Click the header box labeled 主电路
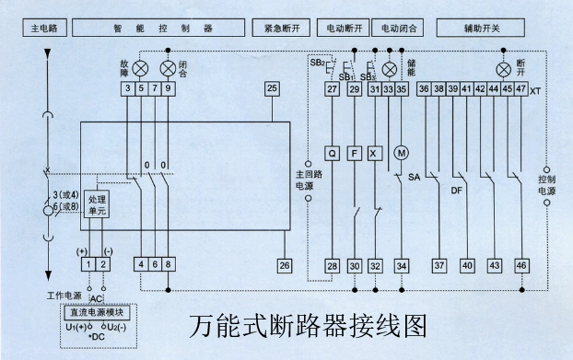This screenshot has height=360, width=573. (40, 29)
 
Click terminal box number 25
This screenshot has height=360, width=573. (272, 88)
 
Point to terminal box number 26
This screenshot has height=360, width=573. (285, 265)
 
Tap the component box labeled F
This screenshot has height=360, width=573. (355, 152)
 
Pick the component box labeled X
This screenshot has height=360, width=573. (375, 152)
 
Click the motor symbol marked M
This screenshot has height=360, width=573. (401, 152)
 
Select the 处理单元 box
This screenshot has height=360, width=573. (97, 205)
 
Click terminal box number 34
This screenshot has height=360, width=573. (401, 265)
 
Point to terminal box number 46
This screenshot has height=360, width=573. (521, 265)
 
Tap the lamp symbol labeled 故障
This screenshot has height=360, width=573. (141, 68)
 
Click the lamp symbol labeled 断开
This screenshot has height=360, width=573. (503, 69)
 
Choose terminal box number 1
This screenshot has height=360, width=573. (88, 265)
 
